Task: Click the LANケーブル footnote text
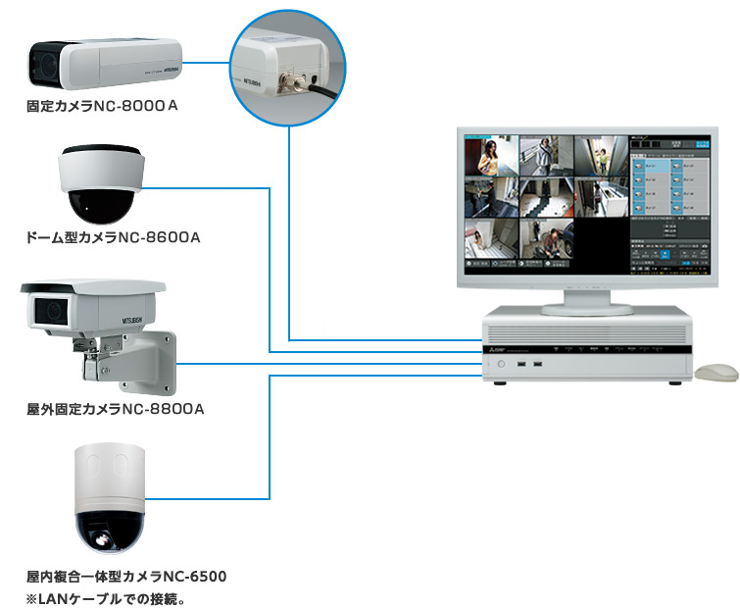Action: pos(105,596)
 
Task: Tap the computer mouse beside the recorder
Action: pos(716,373)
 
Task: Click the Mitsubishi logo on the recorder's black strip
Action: pos(495,347)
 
